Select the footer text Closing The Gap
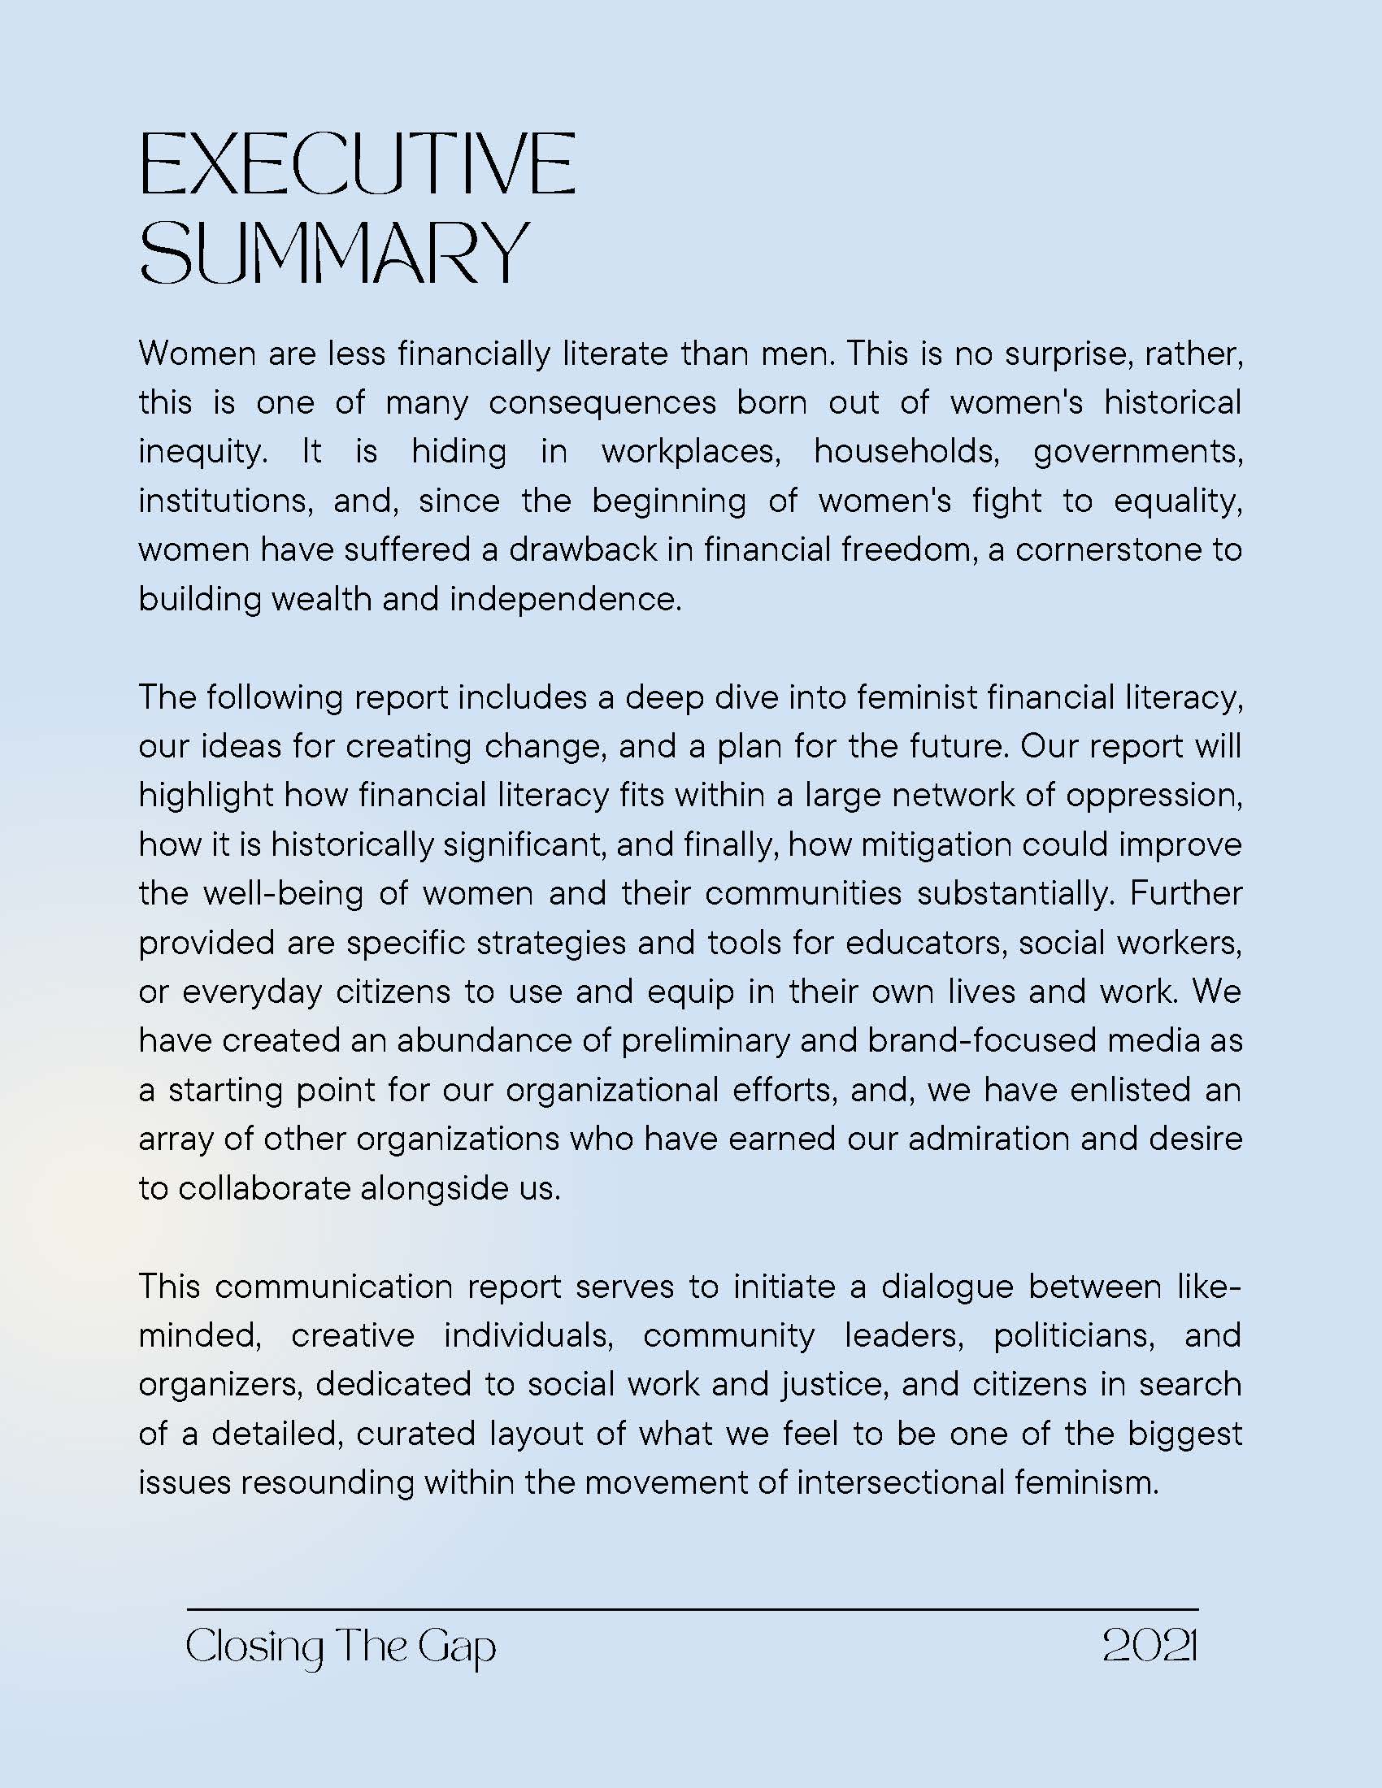pos(341,1647)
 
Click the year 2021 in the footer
pos(1150,1645)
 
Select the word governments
pos(1138,452)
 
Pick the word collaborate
pos(264,1188)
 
